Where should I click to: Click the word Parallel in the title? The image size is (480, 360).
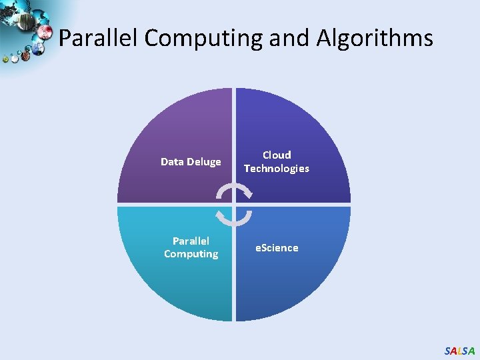(x=99, y=38)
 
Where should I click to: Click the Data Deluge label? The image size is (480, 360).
(x=191, y=162)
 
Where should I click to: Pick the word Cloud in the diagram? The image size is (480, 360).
(x=277, y=155)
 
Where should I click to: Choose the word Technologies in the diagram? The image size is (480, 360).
(x=277, y=169)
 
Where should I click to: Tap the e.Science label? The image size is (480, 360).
(x=277, y=248)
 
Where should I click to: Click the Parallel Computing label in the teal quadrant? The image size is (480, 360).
(x=191, y=247)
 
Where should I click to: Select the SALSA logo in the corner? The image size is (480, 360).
(x=459, y=351)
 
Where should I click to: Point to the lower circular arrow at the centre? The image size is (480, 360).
(x=234, y=218)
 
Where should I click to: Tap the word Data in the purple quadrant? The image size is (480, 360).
(x=172, y=162)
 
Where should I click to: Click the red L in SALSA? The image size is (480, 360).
(x=459, y=351)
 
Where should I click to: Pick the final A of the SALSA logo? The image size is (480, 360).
(x=472, y=351)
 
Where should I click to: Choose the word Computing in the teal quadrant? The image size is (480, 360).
(x=191, y=254)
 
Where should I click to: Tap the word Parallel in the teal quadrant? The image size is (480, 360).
(x=191, y=241)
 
